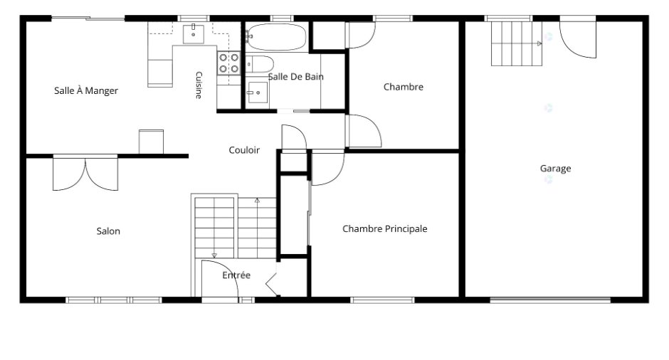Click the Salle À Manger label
(x=85, y=90)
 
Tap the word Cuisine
(x=199, y=85)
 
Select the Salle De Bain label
(x=295, y=77)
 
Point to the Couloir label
(x=244, y=150)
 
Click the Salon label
(x=108, y=231)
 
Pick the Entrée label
(x=236, y=275)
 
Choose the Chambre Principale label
(x=385, y=228)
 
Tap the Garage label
(x=556, y=169)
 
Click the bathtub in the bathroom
(x=276, y=37)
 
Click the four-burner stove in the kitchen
(x=228, y=63)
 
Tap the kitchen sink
(x=194, y=34)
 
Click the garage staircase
(x=517, y=43)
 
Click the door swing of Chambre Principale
(x=327, y=169)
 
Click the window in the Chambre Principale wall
(x=382, y=300)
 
